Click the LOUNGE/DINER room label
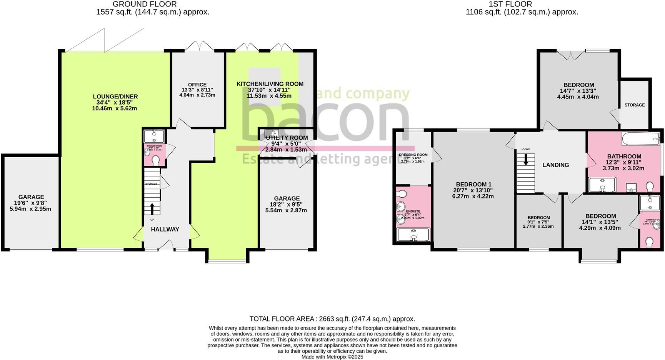115,97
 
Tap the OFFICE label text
197,85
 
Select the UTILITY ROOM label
287,138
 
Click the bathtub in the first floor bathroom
640,139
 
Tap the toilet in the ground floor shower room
156,160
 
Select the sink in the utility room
271,133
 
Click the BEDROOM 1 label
473,184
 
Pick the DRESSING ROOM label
413,155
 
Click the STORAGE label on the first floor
634,105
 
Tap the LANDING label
555,165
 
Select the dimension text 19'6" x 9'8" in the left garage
31,203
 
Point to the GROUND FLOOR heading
145,4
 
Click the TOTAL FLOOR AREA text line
332,319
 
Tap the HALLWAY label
165,229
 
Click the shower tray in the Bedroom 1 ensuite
413,234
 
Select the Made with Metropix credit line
332,357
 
